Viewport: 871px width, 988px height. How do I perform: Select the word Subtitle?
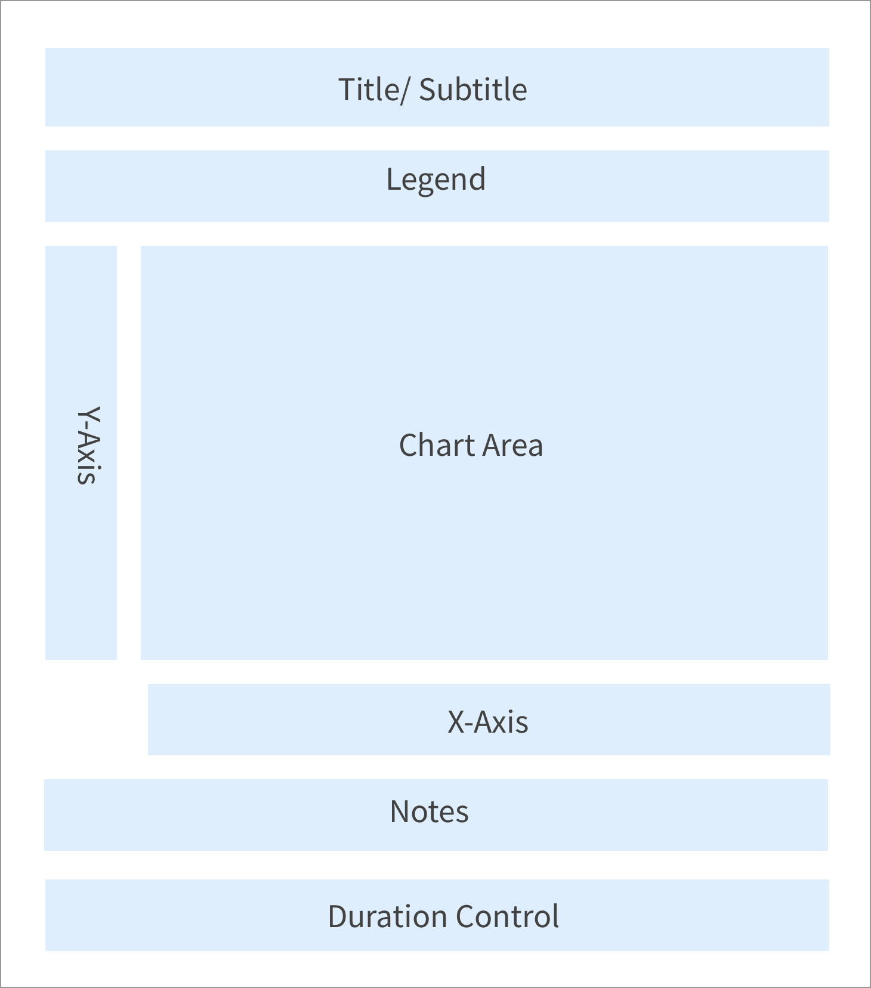pos(473,89)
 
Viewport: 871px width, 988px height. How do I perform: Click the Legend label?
pos(436,180)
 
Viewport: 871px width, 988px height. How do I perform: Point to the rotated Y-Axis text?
pos(88,445)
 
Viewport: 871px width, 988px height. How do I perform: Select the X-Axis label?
pos(488,721)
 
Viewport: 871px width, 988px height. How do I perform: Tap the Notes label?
pos(430,811)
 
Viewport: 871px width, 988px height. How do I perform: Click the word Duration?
pos(385,916)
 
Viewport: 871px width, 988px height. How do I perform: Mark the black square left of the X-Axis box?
pos(95,720)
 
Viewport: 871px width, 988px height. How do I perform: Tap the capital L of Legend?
pos(393,179)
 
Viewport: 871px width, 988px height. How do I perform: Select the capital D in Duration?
pos(338,916)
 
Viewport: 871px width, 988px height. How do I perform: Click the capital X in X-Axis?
pos(456,721)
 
